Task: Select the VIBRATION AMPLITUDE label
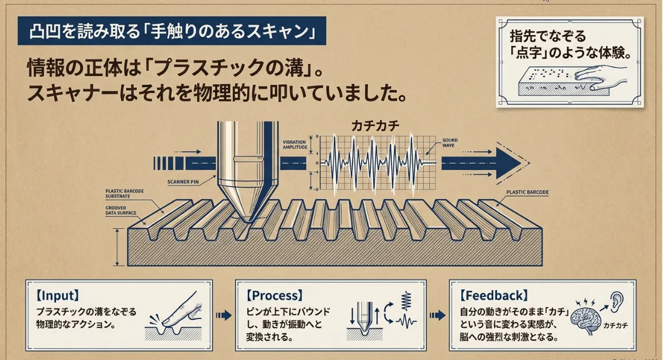coord(298,145)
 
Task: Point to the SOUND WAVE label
coord(450,143)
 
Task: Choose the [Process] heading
coord(274,296)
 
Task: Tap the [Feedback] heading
coord(494,296)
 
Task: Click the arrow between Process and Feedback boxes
coord(438,315)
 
